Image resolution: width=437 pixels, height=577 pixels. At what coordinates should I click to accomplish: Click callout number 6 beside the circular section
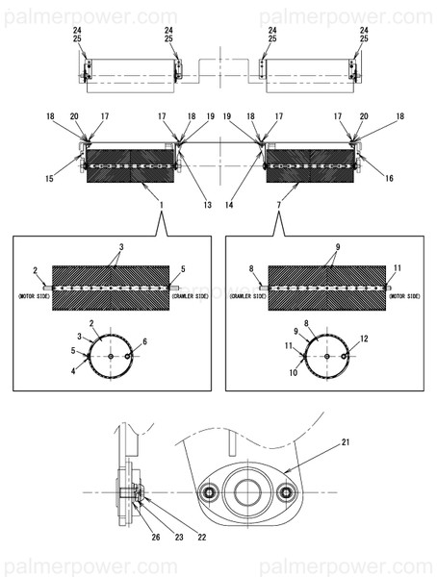145,341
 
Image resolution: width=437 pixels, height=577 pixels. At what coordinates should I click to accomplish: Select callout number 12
364,339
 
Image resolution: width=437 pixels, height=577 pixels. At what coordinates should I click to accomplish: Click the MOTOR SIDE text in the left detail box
34,298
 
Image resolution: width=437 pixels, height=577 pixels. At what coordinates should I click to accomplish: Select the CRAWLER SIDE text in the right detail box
247,298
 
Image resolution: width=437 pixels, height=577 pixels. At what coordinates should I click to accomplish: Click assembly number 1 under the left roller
161,206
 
